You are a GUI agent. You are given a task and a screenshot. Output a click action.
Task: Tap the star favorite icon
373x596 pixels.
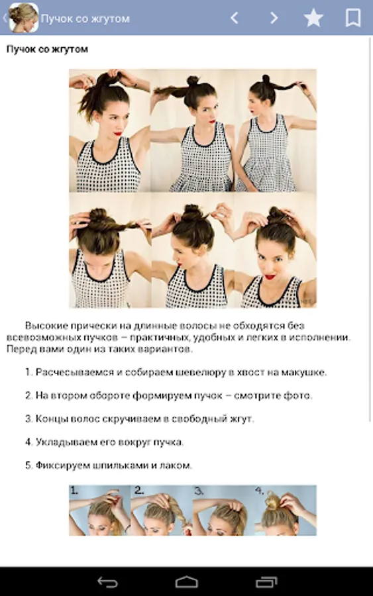(313, 18)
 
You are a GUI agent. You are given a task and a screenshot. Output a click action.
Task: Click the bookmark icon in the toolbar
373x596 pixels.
(353, 18)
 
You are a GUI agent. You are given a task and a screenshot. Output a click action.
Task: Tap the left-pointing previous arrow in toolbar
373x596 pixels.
(235, 18)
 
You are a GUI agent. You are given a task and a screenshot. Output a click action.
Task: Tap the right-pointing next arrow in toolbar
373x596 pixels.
(274, 18)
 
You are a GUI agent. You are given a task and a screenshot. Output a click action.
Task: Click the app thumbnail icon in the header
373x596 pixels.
(24, 18)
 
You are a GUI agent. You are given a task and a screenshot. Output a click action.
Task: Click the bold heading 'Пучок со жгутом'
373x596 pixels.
(47, 50)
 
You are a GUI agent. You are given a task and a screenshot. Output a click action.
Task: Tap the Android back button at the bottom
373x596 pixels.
(107, 582)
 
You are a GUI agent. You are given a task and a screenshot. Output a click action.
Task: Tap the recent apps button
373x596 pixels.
(266, 582)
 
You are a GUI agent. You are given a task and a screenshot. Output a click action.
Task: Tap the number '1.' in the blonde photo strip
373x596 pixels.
(74, 491)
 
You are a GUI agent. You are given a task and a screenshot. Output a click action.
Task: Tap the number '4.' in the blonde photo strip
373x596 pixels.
(259, 491)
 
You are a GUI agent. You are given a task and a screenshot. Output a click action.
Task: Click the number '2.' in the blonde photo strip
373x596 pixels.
(139, 491)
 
